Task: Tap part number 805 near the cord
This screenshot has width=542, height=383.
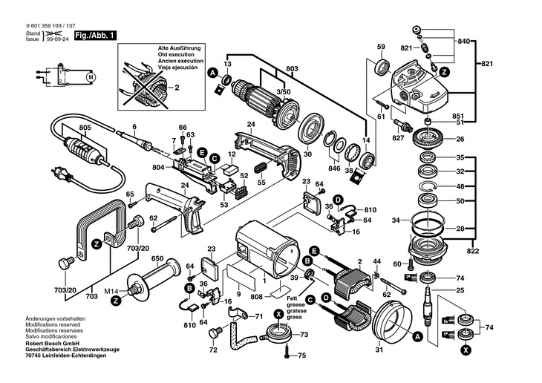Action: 85,128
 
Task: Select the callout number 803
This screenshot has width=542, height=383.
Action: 292,69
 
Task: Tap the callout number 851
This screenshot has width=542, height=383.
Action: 457,116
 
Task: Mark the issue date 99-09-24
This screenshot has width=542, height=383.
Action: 59,40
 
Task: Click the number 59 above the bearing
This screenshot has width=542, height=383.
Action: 380,48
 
